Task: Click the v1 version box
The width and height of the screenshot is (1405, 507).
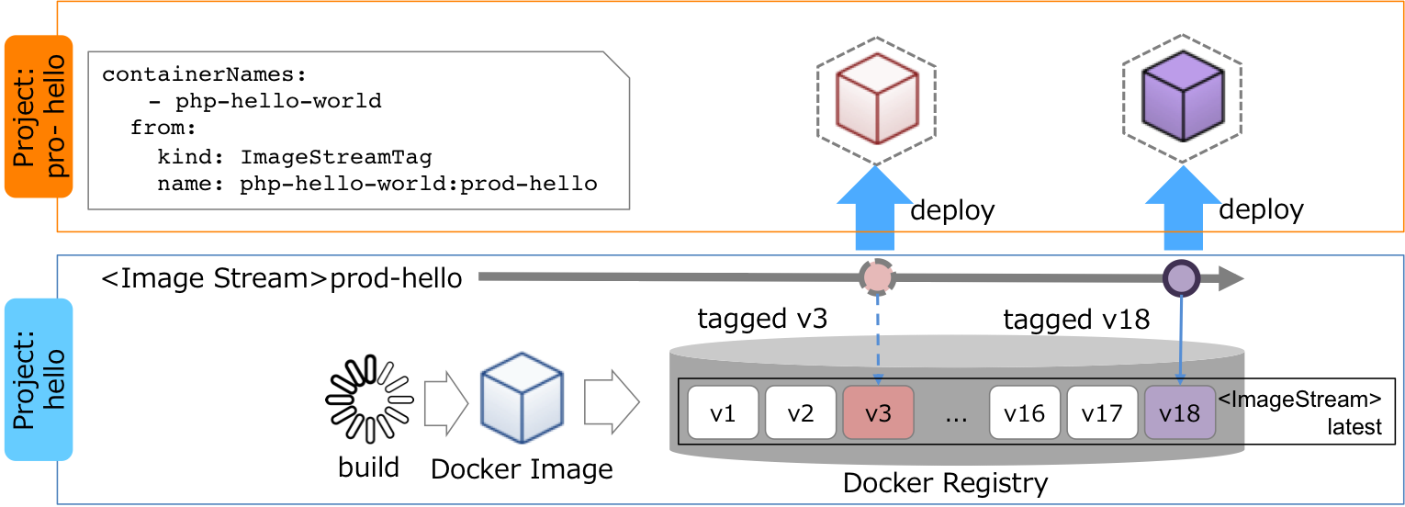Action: tap(724, 412)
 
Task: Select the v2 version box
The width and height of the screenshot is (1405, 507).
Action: tap(801, 412)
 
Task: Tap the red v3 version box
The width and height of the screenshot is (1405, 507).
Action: tap(878, 412)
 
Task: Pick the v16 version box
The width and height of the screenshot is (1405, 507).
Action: tap(1025, 412)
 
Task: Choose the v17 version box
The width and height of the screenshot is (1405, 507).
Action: tap(1102, 412)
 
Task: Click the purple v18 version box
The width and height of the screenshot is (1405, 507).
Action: tap(1180, 412)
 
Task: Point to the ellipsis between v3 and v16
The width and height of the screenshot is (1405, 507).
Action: tap(956, 414)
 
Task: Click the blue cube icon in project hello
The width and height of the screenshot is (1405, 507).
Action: tap(522, 397)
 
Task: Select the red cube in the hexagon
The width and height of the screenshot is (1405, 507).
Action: tap(876, 99)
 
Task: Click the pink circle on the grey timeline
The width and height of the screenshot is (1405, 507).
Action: tap(877, 276)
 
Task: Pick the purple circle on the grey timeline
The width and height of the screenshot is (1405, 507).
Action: tap(1181, 276)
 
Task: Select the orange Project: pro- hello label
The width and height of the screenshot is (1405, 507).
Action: tap(37, 117)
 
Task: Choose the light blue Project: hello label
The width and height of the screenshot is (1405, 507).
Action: tap(37, 378)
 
